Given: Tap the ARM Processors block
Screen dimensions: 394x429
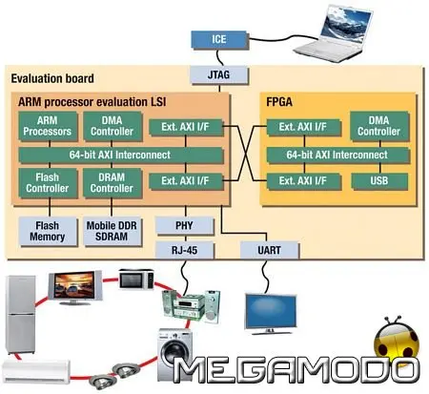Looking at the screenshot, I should point(41,124).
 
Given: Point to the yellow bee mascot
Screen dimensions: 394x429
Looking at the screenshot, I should point(396,348).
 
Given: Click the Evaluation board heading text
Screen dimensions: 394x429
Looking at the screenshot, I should point(46,79).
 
